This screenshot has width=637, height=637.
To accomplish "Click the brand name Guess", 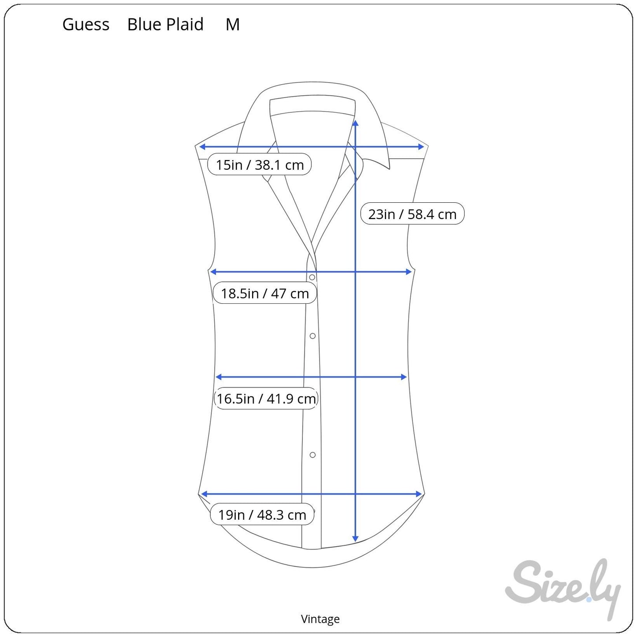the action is point(86,24).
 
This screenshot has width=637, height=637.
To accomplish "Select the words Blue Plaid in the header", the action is point(165,24).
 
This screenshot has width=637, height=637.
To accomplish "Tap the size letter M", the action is point(232,24).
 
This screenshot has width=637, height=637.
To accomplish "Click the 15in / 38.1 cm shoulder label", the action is point(260,164).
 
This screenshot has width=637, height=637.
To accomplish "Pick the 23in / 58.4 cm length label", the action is point(412,214).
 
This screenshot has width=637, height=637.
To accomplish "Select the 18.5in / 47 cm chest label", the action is point(265,293).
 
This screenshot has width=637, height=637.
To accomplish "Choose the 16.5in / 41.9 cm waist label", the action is point(266,399).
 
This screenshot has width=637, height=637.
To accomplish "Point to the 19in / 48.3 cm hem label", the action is point(262,515).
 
